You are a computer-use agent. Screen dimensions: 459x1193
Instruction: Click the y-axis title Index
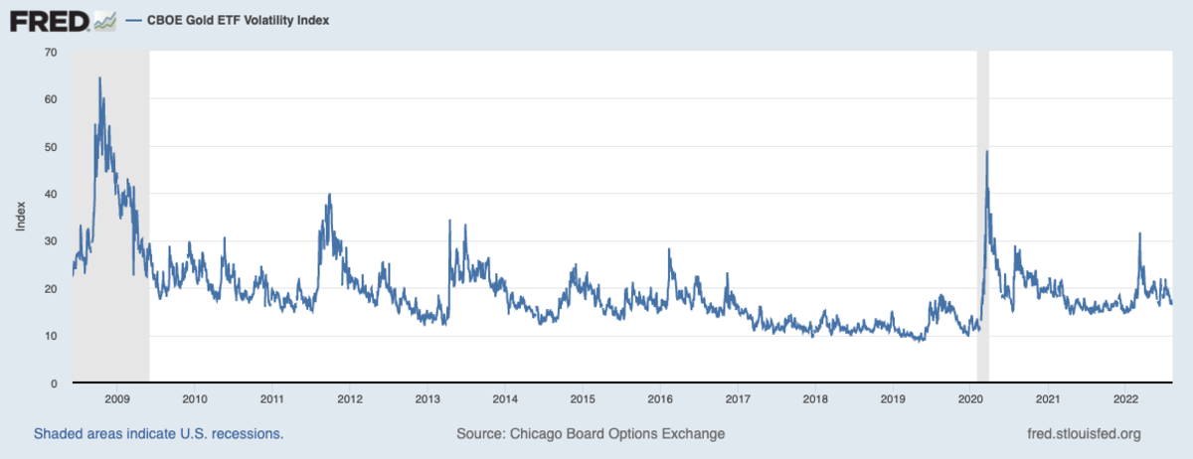tap(20, 218)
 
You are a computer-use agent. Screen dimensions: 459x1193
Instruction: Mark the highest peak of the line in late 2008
tap(99, 77)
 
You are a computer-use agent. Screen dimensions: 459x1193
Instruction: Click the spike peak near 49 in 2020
tap(986, 151)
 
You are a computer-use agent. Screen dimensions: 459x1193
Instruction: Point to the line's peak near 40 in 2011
tap(329, 195)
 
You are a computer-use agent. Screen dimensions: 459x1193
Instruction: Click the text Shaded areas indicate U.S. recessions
tap(159, 434)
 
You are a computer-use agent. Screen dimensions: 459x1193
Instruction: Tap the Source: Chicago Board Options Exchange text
tap(591, 434)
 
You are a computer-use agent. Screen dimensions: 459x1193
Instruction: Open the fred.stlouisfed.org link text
tap(1083, 434)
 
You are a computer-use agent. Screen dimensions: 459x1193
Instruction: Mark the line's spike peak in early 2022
tap(1139, 233)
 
